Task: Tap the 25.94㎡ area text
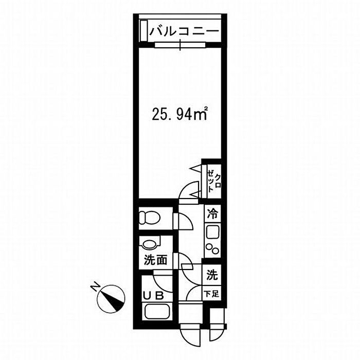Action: coord(180,114)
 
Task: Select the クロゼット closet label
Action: coord(214,181)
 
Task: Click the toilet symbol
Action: coord(150,218)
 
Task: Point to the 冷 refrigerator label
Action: coord(212,214)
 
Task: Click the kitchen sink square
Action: coord(212,232)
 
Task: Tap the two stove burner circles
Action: coord(212,248)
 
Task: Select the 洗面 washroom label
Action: coord(155,260)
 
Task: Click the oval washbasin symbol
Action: coord(150,244)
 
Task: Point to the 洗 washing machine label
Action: coord(212,275)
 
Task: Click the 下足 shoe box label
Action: coord(212,294)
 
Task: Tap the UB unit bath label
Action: coord(153,296)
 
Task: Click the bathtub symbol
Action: coord(157,312)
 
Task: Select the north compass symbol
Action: coord(111,299)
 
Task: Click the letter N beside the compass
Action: coord(95,287)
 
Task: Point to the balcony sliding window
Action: coord(180,45)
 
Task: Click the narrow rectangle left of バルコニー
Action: coord(143,31)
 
